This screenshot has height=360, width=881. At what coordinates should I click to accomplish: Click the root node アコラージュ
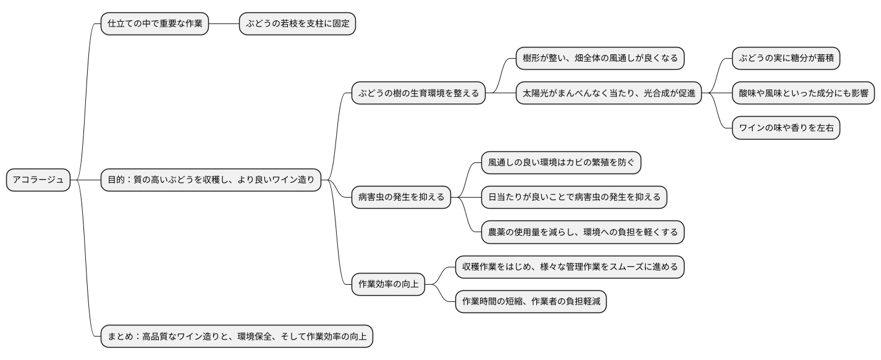coord(38,180)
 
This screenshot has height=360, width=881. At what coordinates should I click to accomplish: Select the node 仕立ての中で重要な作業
coord(154,24)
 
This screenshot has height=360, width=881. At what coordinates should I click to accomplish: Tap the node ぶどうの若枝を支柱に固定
coord(297,24)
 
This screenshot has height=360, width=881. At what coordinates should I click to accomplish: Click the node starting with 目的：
coord(211,180)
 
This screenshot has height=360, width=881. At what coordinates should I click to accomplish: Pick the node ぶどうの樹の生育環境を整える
coord(418,94)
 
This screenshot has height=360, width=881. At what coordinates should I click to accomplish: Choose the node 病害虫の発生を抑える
coord(401,198)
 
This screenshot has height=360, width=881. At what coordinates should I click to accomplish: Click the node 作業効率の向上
coord(388,285)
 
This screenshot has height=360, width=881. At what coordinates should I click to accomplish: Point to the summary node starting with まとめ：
coord(237,337)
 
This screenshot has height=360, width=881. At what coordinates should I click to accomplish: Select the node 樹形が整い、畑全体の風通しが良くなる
coord(600,59)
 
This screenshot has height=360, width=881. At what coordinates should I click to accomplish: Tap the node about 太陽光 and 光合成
coord(609,94)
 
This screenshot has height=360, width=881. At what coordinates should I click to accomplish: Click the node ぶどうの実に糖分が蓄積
coord(786,59)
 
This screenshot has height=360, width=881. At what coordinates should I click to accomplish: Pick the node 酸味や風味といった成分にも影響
coord(803,94)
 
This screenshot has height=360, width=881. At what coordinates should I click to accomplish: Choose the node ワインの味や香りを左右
coord(786,128)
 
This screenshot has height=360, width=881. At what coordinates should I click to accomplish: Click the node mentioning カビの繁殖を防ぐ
coord(561,163)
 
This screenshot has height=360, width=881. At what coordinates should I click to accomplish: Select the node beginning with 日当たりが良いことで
coord(574,198)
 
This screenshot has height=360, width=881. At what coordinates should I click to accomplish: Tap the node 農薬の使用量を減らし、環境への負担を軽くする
coord(583,232)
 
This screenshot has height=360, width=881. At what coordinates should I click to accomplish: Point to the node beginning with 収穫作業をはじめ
coord(569,267)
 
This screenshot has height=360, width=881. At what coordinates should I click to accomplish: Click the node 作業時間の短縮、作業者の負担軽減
coord(530,302)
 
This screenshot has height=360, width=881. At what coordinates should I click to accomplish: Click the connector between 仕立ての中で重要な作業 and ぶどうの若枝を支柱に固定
coord(224,24)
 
